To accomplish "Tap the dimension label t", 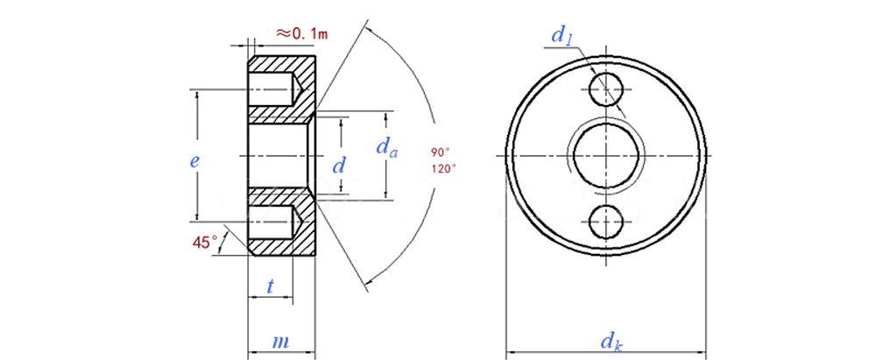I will [271, 286].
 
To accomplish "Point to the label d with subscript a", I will [387, 148].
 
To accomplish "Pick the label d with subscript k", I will [611, 342].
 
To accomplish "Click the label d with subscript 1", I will [562, 36].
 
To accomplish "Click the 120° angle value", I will [443, 167].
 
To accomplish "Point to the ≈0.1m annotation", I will [301, 33].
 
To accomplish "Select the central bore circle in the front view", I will [606, 155].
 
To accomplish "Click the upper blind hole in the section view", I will [273, 88].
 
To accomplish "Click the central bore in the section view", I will [279, 155].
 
